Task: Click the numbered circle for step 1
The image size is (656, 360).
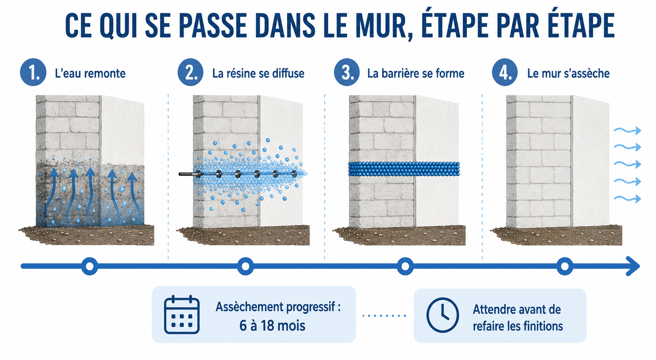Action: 33,72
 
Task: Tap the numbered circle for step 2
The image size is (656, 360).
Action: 190,72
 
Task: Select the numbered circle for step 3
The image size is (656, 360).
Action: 347,72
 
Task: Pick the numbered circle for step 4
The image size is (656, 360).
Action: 504,72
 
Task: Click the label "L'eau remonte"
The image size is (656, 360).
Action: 90,73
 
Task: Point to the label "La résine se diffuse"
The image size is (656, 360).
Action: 258,73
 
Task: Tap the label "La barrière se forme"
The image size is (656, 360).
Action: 416,73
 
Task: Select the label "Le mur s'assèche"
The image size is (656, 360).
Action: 568,73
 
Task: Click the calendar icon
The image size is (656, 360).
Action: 182,315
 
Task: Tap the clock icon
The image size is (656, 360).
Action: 442,315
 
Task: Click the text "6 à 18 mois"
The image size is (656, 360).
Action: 272,326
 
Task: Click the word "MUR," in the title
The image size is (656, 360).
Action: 379,26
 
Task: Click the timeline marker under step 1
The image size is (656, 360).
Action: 90,266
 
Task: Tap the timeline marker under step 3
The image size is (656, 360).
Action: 405,266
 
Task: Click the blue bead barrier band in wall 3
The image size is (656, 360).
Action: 404,169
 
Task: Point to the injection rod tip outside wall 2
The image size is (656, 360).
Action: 180,174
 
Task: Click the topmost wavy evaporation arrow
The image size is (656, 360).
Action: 627,130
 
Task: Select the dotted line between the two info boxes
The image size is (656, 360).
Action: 384,315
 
